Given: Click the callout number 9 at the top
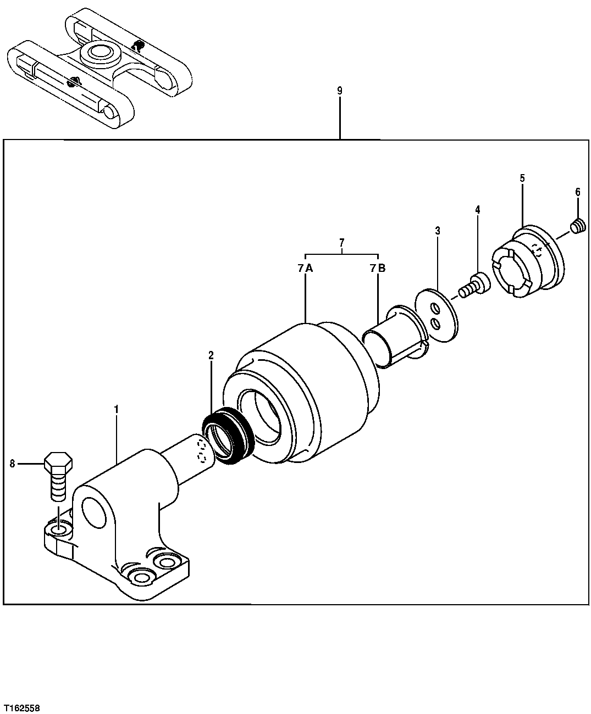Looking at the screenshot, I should (340, 91).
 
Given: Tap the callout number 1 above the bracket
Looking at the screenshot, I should (116, 409).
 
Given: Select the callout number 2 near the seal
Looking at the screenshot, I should (211, 355).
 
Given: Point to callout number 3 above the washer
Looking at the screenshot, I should (438, 231).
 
